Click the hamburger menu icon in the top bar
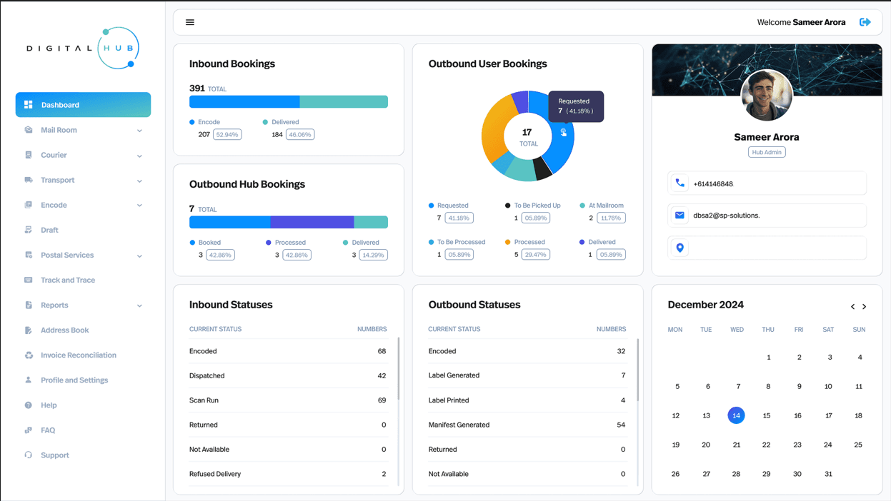[190, 22]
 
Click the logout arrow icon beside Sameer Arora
[865, 22]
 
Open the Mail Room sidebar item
[59, 130]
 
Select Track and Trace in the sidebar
[68, 280]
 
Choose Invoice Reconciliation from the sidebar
[79, 355]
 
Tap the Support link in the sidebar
[55, 455]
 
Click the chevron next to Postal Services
[139, 256]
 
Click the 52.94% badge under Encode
[227, 135]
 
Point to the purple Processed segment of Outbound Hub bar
[312, 222]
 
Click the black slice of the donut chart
[542, 168]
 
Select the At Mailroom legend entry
[606, 206]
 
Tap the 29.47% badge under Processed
[535, 255]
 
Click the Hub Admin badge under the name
[767, 152]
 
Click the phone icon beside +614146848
[680, 183]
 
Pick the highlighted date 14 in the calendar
[736, 415]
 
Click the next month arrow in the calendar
[864, 307]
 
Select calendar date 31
[828, 474]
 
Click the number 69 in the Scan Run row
[382, 400]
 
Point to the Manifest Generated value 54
[621, 425]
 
